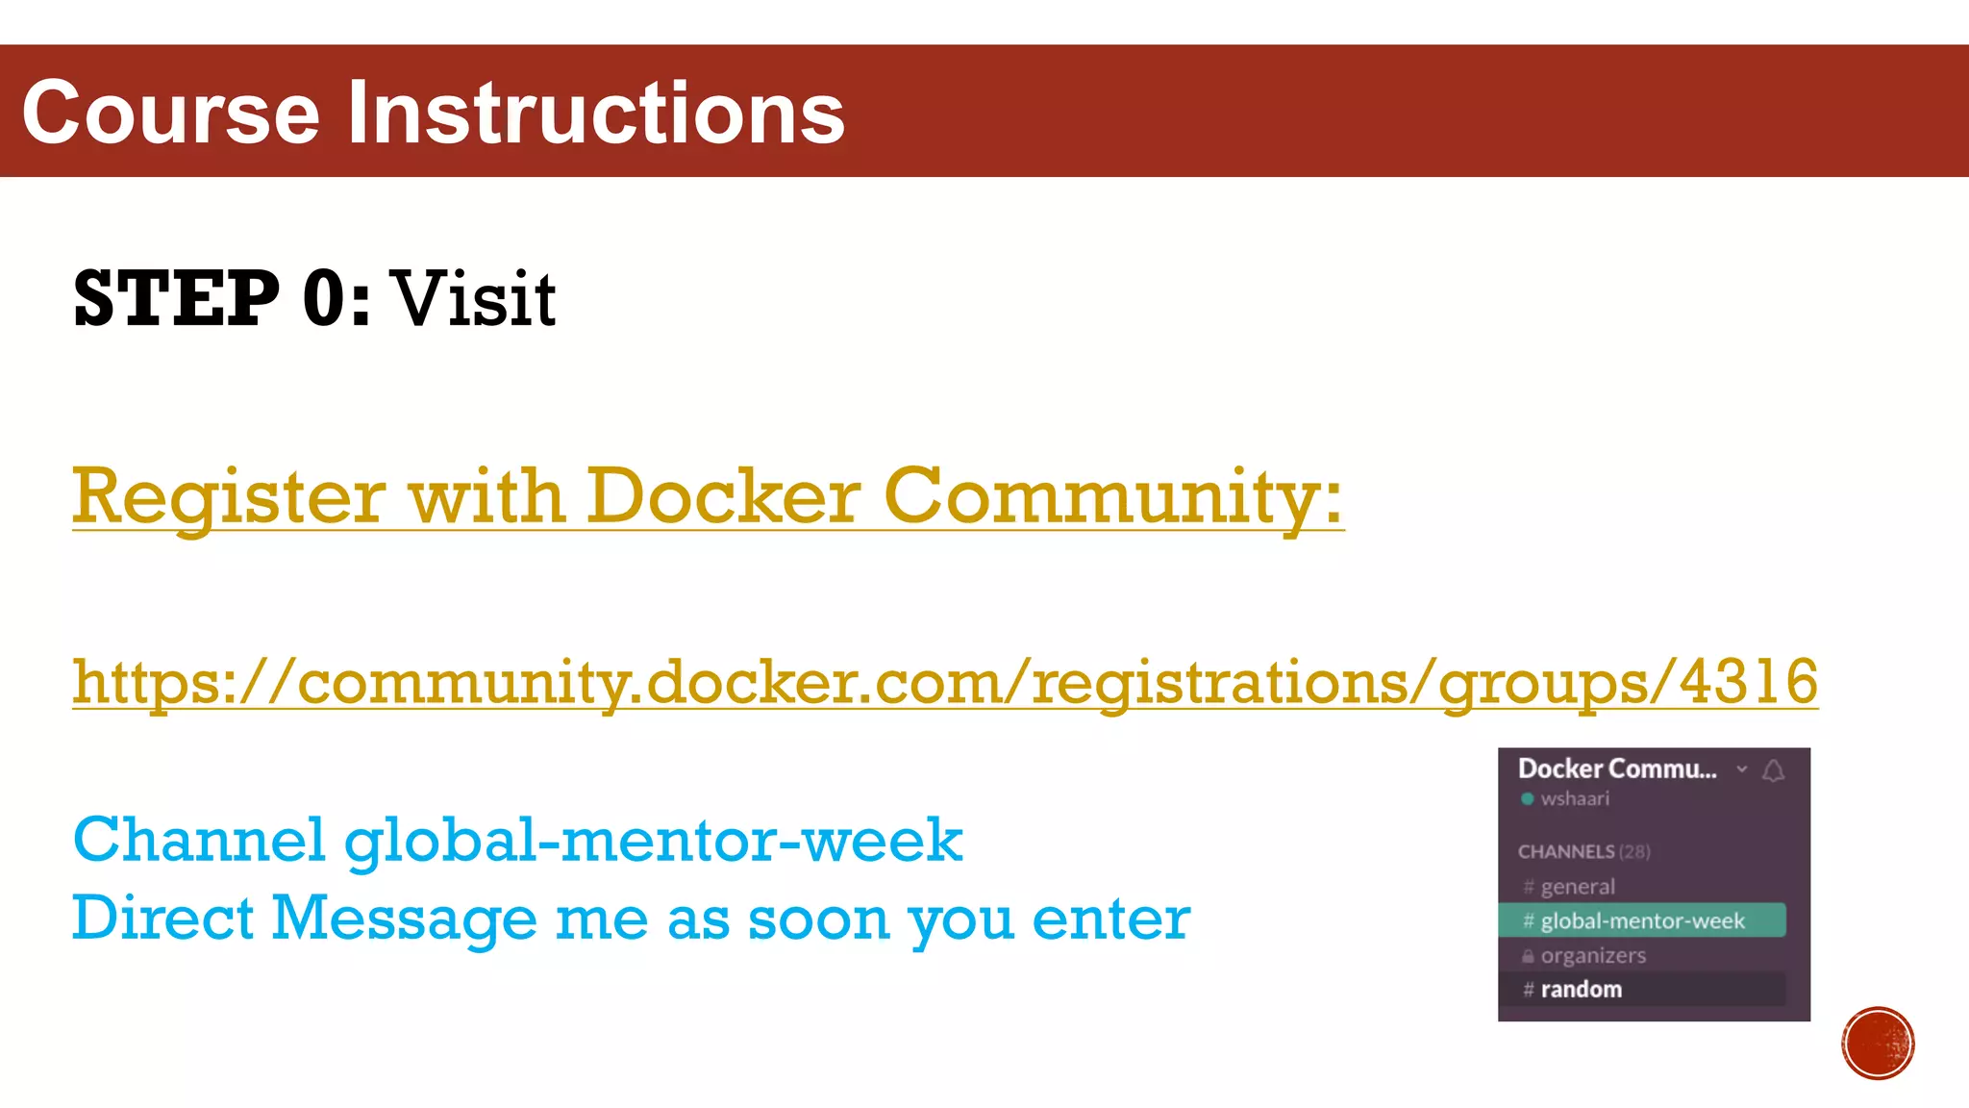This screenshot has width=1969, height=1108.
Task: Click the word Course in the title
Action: click(x=170, y=113)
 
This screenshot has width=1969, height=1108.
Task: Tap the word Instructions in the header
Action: click(x=595, y=113)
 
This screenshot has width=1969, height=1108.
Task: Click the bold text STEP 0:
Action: click(x=221, y=299)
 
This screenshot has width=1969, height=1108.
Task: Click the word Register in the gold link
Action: click(x=229, y=497)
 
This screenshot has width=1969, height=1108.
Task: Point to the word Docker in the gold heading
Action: click(x=723, y=497)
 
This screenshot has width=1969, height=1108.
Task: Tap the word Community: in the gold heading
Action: click(x=1112, y=497)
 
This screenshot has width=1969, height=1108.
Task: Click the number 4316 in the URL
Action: click(x=1748, y=682)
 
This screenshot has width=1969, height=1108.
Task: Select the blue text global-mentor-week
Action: click(x=654, y=841)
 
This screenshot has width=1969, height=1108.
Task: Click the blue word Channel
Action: click(x=199, y=841)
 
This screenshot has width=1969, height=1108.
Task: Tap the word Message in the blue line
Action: click(x=404, y=919)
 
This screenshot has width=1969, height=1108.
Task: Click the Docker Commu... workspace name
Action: click(x=1617, y=769)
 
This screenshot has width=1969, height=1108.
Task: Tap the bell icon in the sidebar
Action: click(x=1774, y=770)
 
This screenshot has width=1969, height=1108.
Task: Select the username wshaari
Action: click(x=1575, y=799)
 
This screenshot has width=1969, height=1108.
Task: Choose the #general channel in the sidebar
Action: click(x=1578, y=887)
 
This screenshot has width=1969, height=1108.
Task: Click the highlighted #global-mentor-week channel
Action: click(x=1642, y=920)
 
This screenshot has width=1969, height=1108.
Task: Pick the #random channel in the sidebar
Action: click(x=1581, y=990)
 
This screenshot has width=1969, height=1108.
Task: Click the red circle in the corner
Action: click(x=1878, y=1044)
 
